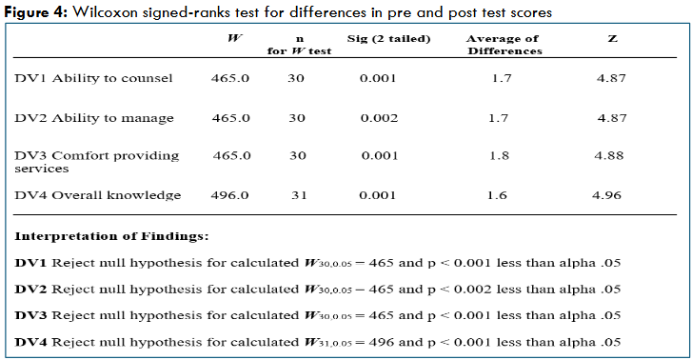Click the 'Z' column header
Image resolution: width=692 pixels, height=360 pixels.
611,38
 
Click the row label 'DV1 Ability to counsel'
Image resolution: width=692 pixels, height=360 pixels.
93,78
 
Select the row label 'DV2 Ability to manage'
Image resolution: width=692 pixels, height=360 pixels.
93,117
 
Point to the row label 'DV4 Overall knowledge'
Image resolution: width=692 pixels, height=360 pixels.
97,195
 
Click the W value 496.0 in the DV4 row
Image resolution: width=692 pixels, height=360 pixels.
229,195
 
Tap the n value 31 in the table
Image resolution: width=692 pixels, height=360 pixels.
296,195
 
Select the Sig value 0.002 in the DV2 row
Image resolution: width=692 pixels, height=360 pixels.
378,117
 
